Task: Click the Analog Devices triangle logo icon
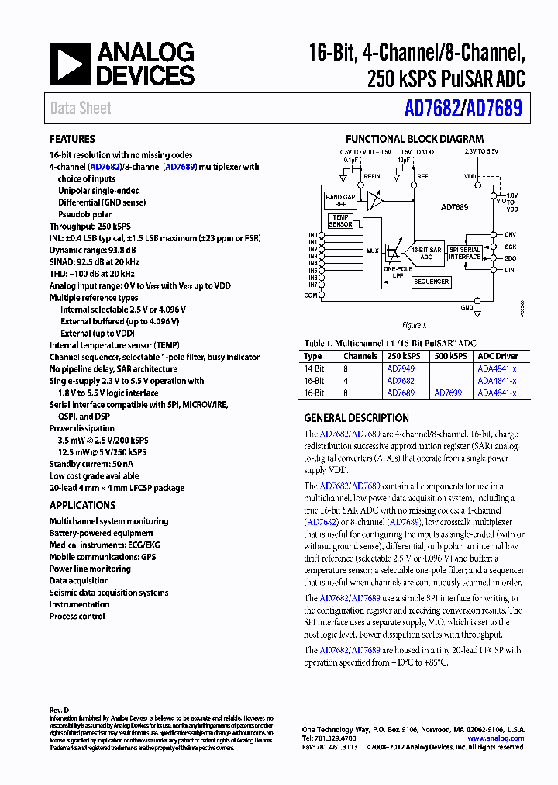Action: (x=70, y=64)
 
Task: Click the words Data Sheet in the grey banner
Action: (x=81, y=109)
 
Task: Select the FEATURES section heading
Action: (x=73, y=140)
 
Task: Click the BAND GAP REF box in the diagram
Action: (x=339, y=201)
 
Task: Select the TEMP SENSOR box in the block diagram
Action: (x=341, y=221)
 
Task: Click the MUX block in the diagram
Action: (x=372, y=251)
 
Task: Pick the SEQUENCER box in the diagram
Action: (x=430, y=282)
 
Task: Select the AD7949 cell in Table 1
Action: (x=401, y=369)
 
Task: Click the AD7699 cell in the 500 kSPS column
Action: (x=447, y=392)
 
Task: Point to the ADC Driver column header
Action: (x=498, y=357)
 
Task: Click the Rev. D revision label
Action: (x=60, y=711)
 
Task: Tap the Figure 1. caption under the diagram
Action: (x=414, y=325)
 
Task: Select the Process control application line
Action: (x=77, y=616)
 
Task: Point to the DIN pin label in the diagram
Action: (x=509, y=269)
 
